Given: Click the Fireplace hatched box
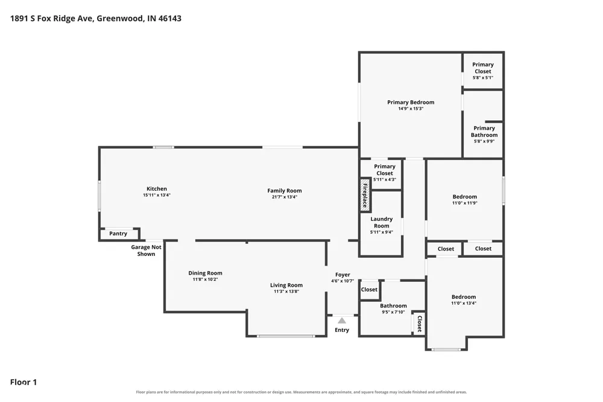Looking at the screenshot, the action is (x=365, y=195).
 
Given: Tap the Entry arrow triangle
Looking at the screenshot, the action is (x=342, y=321).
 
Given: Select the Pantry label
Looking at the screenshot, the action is (x=118, y=234).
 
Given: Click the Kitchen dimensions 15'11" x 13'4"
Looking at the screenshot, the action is (x=157, y=195).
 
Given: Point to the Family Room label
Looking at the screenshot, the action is (x=285, y=191).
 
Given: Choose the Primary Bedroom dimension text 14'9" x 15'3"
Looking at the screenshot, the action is (x=411, y=109).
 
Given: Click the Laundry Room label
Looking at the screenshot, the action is (x=382, y=222).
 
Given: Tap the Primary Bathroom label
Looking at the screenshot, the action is (x=484, y=132).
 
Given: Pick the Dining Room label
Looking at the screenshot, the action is (x=205, y=273).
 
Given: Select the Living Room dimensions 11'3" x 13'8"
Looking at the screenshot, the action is (x=286, y=292).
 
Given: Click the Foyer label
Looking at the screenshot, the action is (x=343, y=275).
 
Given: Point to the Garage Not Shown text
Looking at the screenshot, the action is (x=146, y=250).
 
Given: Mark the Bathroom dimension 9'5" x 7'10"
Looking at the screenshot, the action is (x=393, y=312).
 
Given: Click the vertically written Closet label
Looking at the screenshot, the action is (x=420, y=324).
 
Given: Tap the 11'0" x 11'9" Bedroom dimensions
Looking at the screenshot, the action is (x=464, y=203).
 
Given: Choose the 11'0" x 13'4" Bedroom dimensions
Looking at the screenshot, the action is (x=463, y=303).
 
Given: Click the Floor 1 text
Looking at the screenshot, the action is (x=24, y=382).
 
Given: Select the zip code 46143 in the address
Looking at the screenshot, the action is (x=169, y=18).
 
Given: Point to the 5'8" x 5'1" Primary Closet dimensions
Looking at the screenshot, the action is (x=482, y=77).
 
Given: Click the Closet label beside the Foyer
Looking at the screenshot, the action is (x=369, y=290).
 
